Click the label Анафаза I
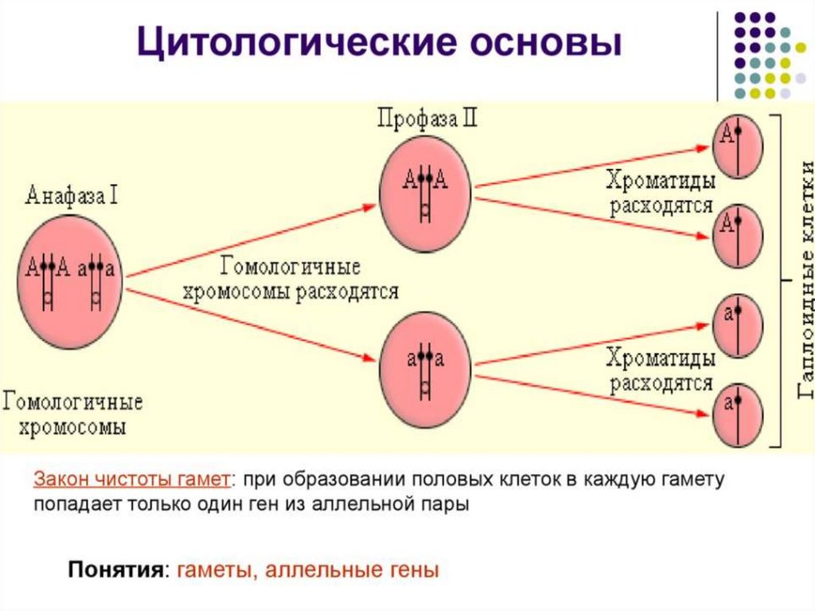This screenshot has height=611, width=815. coord(72,195)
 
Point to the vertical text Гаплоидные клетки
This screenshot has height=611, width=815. coord(805,279)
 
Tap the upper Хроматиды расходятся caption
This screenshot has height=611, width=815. coord(661,192)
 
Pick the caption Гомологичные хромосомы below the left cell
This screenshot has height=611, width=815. coord(73,413)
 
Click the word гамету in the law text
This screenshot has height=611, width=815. coord(690,480)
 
